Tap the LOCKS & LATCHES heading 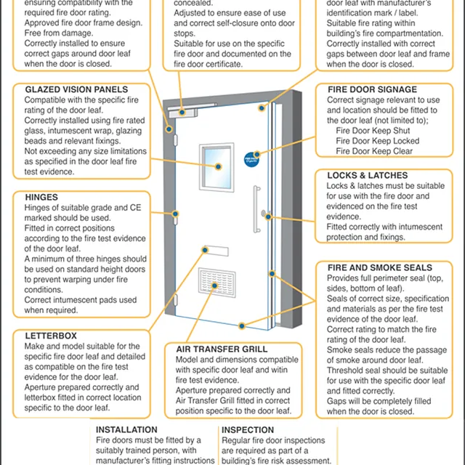click(x=367, y=175)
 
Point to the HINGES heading click(x=41, y=197)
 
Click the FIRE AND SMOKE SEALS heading click(x=379, y=267)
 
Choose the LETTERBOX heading click(x=50, y=336)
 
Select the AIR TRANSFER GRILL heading click(x=222, y=349)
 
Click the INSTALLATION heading click(x=126, y=430)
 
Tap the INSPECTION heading click(x=248, y=430)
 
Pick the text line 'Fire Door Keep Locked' click(x=377, y=141)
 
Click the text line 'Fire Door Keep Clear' click(x=374, y=151)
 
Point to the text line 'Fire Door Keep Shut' click(x=373, y=131)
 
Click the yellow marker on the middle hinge click(x=175, y=214)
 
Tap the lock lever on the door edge click(x=266, y=215)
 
